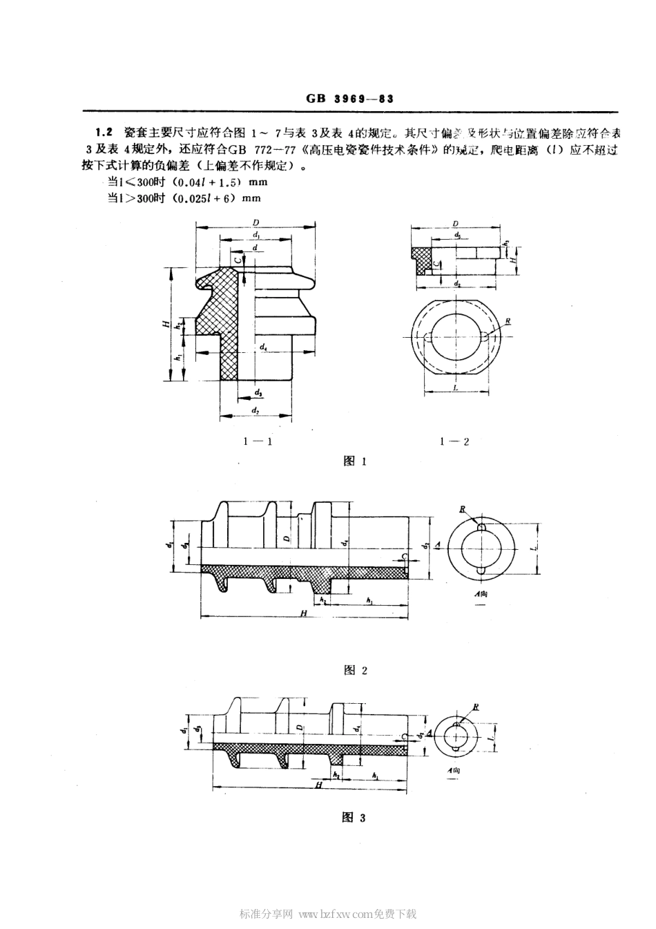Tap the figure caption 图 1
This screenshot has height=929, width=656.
(x=354, y=462)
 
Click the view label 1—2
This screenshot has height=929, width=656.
(x=454, y=441)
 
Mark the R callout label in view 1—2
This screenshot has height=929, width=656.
(x=508, y=321)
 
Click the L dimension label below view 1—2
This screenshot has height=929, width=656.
(x=456, y=388)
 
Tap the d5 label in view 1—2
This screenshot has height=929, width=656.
(x=458, y=236)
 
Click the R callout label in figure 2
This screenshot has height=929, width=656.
(x=463, y=510)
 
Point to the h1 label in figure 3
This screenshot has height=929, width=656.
(x=375, y=776)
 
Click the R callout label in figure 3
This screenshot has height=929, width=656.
(x=476, y=708)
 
